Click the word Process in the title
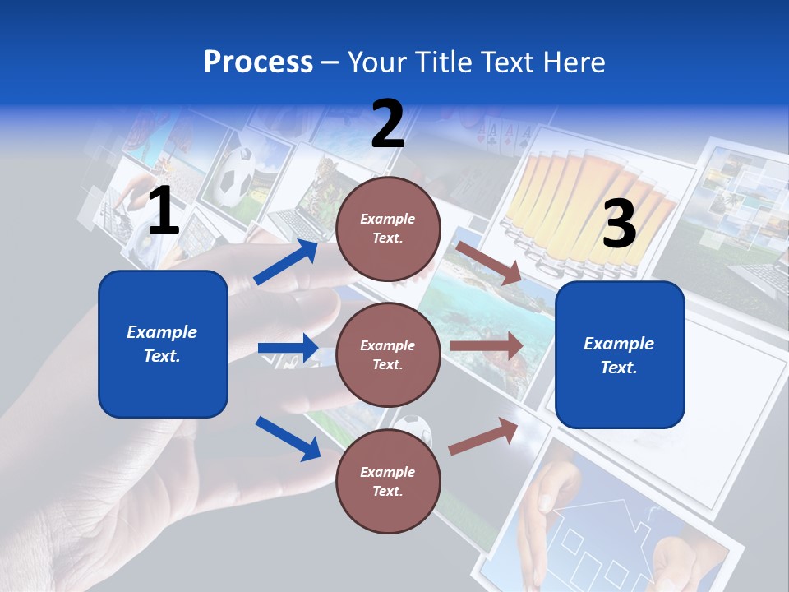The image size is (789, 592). tap(258, 62)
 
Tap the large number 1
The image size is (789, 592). tap(164, 211)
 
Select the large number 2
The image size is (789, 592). tap(388, 124)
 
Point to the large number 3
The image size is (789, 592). tap(619, 224)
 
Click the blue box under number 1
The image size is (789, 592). tap(163, 344)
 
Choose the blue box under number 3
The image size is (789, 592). tap(620, 355)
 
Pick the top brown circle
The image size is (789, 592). tap(388, 229)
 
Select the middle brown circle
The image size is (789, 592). tap(388, 354)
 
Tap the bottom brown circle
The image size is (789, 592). tap(388, 481)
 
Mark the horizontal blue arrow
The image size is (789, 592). tap(288, 348)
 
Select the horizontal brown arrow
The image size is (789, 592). tap(486, 346)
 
